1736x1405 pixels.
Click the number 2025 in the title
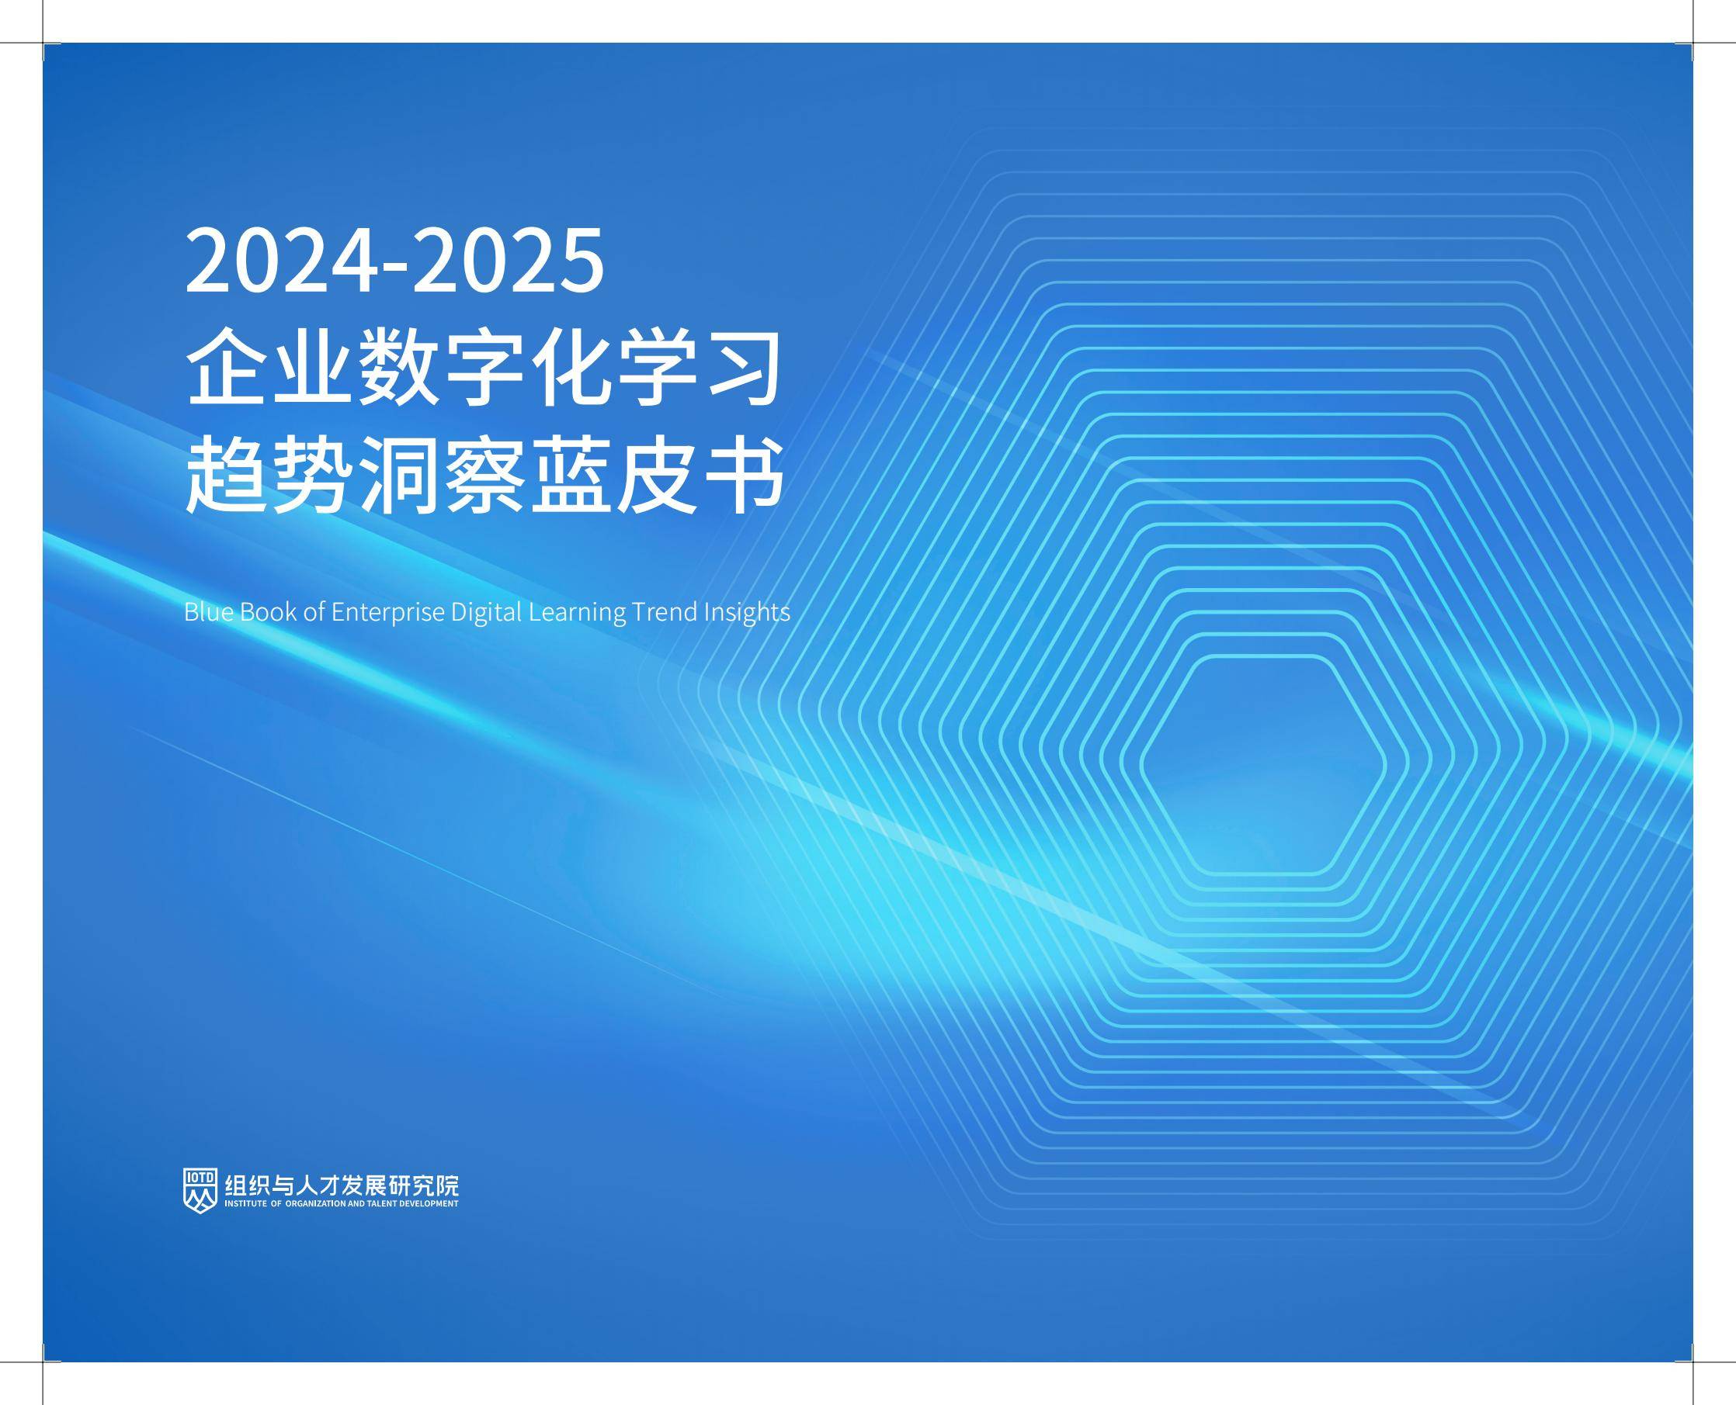509,261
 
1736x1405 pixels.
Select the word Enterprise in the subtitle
388,613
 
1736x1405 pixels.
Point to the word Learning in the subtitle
577,613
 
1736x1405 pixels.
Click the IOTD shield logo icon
200,1191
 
